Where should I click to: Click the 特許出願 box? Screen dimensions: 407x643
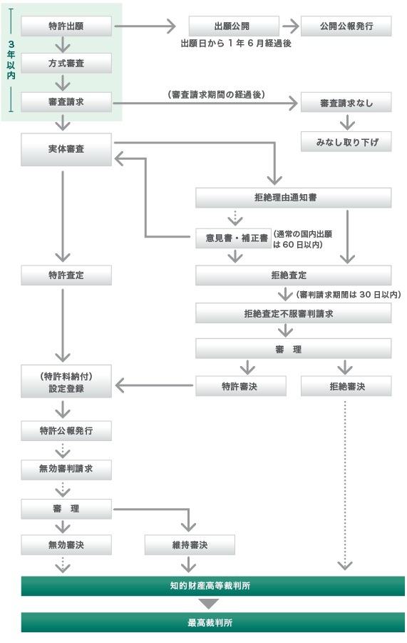tap(66, 26)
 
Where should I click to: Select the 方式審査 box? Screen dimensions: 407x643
tap(66, 63)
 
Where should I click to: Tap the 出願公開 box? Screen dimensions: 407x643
tap(234, 26)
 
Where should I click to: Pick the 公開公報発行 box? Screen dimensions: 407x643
tap(346, 26)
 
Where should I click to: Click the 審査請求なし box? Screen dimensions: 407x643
tap(346, 103)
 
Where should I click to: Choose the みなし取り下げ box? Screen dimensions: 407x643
tap(346, 142)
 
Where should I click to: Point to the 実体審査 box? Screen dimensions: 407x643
tap(66, 150)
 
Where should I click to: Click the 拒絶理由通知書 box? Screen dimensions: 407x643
tap(293, 198)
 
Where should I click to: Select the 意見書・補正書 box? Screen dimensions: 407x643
tap(233, 238)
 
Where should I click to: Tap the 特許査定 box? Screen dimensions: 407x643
tap(66, 275)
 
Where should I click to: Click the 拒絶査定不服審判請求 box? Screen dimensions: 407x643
tap(293, 313)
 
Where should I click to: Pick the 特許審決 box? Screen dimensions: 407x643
tap(241, 386)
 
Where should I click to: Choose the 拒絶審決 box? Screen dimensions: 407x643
tap(346, 386)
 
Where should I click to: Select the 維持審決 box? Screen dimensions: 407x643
tap(190, 545)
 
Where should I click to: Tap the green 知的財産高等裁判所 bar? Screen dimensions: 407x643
tap(213, 586)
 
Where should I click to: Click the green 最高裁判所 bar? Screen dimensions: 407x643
tap(213, 622)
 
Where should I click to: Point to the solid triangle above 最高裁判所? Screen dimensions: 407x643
tap(209, 604)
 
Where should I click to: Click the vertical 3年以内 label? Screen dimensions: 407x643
tap(11, 60)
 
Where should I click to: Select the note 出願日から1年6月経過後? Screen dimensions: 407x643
tap(236, 44)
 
